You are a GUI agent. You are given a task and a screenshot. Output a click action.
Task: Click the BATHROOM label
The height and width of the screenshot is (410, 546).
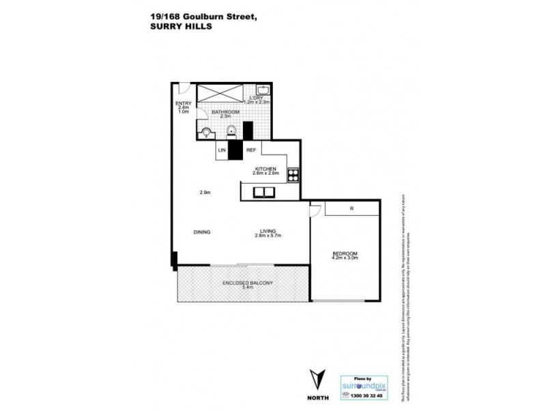(x=225, y=111)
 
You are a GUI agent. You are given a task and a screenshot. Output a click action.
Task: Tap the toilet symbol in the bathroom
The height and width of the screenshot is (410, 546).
(x=207, y=133)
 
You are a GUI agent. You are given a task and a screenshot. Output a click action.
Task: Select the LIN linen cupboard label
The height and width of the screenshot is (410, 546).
(x=222, y=150)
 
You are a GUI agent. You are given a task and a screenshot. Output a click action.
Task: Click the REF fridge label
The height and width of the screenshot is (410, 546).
(x=250, y=150)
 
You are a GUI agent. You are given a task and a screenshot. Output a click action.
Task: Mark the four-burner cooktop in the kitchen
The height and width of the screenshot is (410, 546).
(x=293, y=174)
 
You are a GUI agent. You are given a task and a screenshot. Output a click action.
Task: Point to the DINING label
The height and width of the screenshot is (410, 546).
(x=201, y=232)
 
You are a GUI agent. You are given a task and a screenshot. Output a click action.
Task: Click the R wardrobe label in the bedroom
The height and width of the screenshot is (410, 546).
(x=351, y=209)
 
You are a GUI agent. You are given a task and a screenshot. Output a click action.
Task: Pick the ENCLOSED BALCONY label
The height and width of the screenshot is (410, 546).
(x=248, y=282)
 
